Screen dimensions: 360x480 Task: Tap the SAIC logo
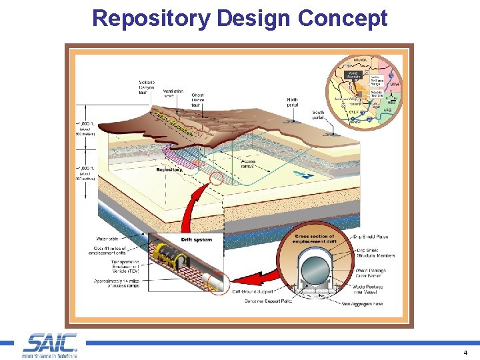pos(50,345)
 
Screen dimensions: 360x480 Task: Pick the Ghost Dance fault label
pos(198,100)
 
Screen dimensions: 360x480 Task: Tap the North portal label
pos(292,103)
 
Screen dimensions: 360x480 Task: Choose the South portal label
pos(319,115)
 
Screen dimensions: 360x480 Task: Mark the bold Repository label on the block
pos(169,169)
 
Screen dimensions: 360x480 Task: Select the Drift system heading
pos(196,239)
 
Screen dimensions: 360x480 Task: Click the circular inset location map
pos(363,93)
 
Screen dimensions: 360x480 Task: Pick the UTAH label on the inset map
pos(395,85)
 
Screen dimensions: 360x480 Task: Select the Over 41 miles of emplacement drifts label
pos(111,250)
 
